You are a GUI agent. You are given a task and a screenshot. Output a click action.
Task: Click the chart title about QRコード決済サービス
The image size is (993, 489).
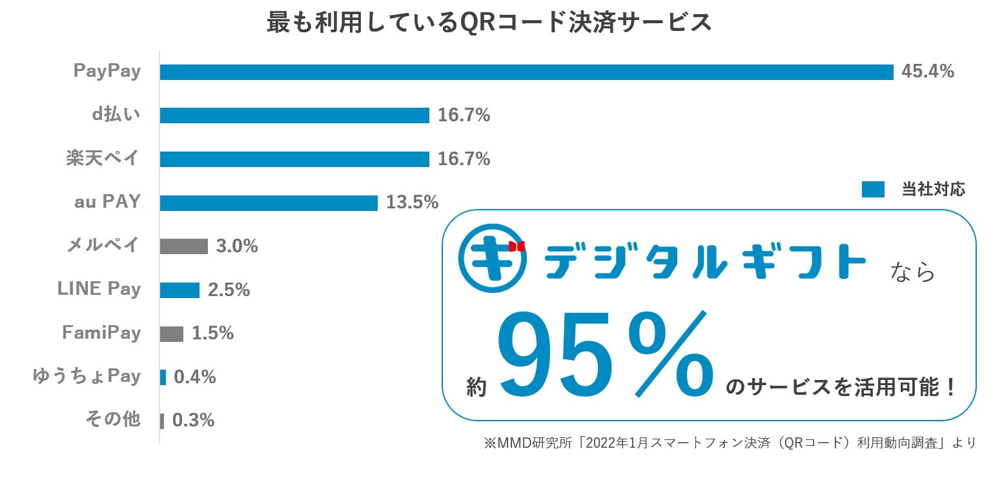pos(489,23)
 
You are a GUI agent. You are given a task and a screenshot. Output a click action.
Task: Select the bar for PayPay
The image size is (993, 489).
pos(526,72)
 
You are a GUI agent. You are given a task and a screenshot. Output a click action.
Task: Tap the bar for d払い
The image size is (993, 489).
pos(294,115)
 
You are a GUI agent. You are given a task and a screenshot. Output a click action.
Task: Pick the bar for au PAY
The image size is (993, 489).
pos(269,203)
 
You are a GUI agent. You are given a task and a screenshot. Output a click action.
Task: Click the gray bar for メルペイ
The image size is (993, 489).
pos(183,246)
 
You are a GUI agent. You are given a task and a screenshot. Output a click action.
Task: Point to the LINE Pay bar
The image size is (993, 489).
pos(179,290)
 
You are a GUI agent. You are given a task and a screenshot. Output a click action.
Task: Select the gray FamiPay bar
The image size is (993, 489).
pos(172,334)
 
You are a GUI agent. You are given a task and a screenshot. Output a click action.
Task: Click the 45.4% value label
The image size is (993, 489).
pos(927,72)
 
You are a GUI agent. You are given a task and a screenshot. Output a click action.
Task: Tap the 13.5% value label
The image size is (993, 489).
pos(412,203)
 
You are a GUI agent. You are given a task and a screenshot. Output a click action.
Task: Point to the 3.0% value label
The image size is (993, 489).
pos(237,246)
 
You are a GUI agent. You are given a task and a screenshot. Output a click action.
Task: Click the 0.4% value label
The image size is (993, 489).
pos(194,377)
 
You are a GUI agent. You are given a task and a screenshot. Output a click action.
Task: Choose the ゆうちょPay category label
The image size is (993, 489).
pos(87,376)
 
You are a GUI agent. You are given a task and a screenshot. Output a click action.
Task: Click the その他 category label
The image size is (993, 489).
pos(113,420)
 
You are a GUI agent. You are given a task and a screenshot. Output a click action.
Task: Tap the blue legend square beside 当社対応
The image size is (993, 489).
pos(873,190)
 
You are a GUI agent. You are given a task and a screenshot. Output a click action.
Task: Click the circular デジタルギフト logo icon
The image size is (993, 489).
pos(492,257)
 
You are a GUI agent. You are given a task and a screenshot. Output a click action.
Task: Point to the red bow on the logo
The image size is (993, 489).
pos(517,246)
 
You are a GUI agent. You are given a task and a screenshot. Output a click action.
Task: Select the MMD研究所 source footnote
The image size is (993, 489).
pos(729,443)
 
